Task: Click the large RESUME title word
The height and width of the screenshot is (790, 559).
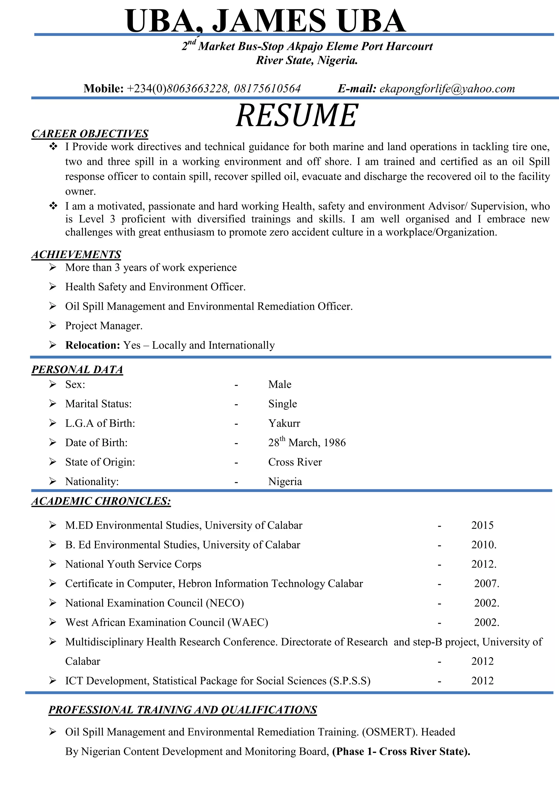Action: [x=297, y=116]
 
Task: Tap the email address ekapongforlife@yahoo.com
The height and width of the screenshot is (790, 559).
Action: [x=447, y=89]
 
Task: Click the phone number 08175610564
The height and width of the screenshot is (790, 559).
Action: [x=267, y=89]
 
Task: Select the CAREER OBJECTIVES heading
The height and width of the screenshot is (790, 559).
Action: [x=90, y=134]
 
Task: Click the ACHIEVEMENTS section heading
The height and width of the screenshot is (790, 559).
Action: [x=76, y=254]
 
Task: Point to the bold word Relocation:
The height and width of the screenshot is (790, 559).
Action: [x=93, y=345]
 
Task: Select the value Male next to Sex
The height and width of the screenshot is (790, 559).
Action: [x=280, y=384]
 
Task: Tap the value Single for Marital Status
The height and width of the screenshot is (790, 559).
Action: [x=283, y=404]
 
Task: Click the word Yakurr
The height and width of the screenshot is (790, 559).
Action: [x=284, y=423]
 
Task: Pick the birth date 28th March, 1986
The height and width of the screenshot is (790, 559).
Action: [x=307, y=442]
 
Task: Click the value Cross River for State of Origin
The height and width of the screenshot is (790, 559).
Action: [x=295, y=462]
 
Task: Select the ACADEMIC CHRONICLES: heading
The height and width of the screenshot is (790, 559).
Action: [x=101, y=501]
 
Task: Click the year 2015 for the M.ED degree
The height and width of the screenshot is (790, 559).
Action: [x=482, y=525]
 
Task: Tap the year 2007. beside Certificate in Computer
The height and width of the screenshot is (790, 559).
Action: [x=486, y=584]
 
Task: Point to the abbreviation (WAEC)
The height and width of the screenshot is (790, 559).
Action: [x=248, y=622]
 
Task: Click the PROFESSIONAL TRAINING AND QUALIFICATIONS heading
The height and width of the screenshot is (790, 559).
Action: [x=183, y=710]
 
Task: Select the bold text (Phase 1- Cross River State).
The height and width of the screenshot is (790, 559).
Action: [x=401, y=752]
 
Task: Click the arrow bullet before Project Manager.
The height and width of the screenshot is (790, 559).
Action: [x=52, y=325]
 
